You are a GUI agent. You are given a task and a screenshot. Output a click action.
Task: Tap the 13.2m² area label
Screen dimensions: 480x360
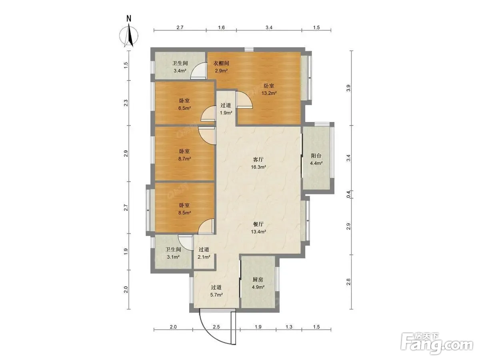(269, 93)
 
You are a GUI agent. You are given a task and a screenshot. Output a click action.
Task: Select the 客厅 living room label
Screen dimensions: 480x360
(258, 160)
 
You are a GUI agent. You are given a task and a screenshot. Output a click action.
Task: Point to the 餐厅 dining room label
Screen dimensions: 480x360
(258, 224)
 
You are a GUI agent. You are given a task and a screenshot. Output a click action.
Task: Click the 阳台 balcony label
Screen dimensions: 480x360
(316, 156)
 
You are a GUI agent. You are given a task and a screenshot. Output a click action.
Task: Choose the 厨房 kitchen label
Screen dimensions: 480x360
(258, 279)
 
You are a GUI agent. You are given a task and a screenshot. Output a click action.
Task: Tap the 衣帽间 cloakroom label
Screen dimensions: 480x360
(221, 63)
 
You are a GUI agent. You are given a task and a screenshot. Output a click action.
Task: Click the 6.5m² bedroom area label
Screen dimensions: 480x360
(184, 108)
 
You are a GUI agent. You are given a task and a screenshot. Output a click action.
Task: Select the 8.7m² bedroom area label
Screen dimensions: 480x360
(184, 158)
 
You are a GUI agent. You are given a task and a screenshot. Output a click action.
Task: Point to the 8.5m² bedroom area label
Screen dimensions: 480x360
(184, 212)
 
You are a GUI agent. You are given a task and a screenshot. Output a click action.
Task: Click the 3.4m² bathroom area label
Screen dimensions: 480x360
(180, 71)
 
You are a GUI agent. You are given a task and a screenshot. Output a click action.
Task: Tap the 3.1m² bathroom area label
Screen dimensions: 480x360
(173, 257)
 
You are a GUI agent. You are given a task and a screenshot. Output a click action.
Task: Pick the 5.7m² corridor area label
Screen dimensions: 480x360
(216, 295)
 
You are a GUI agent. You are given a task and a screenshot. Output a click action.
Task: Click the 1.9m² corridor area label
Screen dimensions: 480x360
(226, 113)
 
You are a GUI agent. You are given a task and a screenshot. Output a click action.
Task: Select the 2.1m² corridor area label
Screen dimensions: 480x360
(204, 257)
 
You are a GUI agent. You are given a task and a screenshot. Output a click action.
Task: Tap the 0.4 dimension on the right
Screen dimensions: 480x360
(348, 194)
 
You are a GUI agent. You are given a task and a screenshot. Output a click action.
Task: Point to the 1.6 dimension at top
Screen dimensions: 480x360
(221, 27)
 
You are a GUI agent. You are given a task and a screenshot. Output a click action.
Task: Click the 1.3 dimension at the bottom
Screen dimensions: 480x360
(289, 327)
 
